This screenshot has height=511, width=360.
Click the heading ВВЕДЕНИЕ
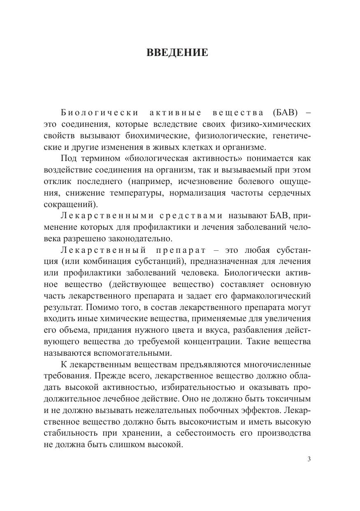(x=177, y=53)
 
